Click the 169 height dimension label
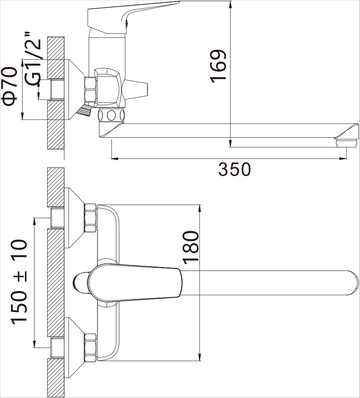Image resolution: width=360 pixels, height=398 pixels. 218,66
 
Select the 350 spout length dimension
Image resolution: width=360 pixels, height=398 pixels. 234,169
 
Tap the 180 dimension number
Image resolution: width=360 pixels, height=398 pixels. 191,247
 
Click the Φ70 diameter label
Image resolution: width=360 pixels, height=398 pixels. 10,86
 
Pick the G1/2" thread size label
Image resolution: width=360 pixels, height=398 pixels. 33,59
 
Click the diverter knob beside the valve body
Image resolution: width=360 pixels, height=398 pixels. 135,89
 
